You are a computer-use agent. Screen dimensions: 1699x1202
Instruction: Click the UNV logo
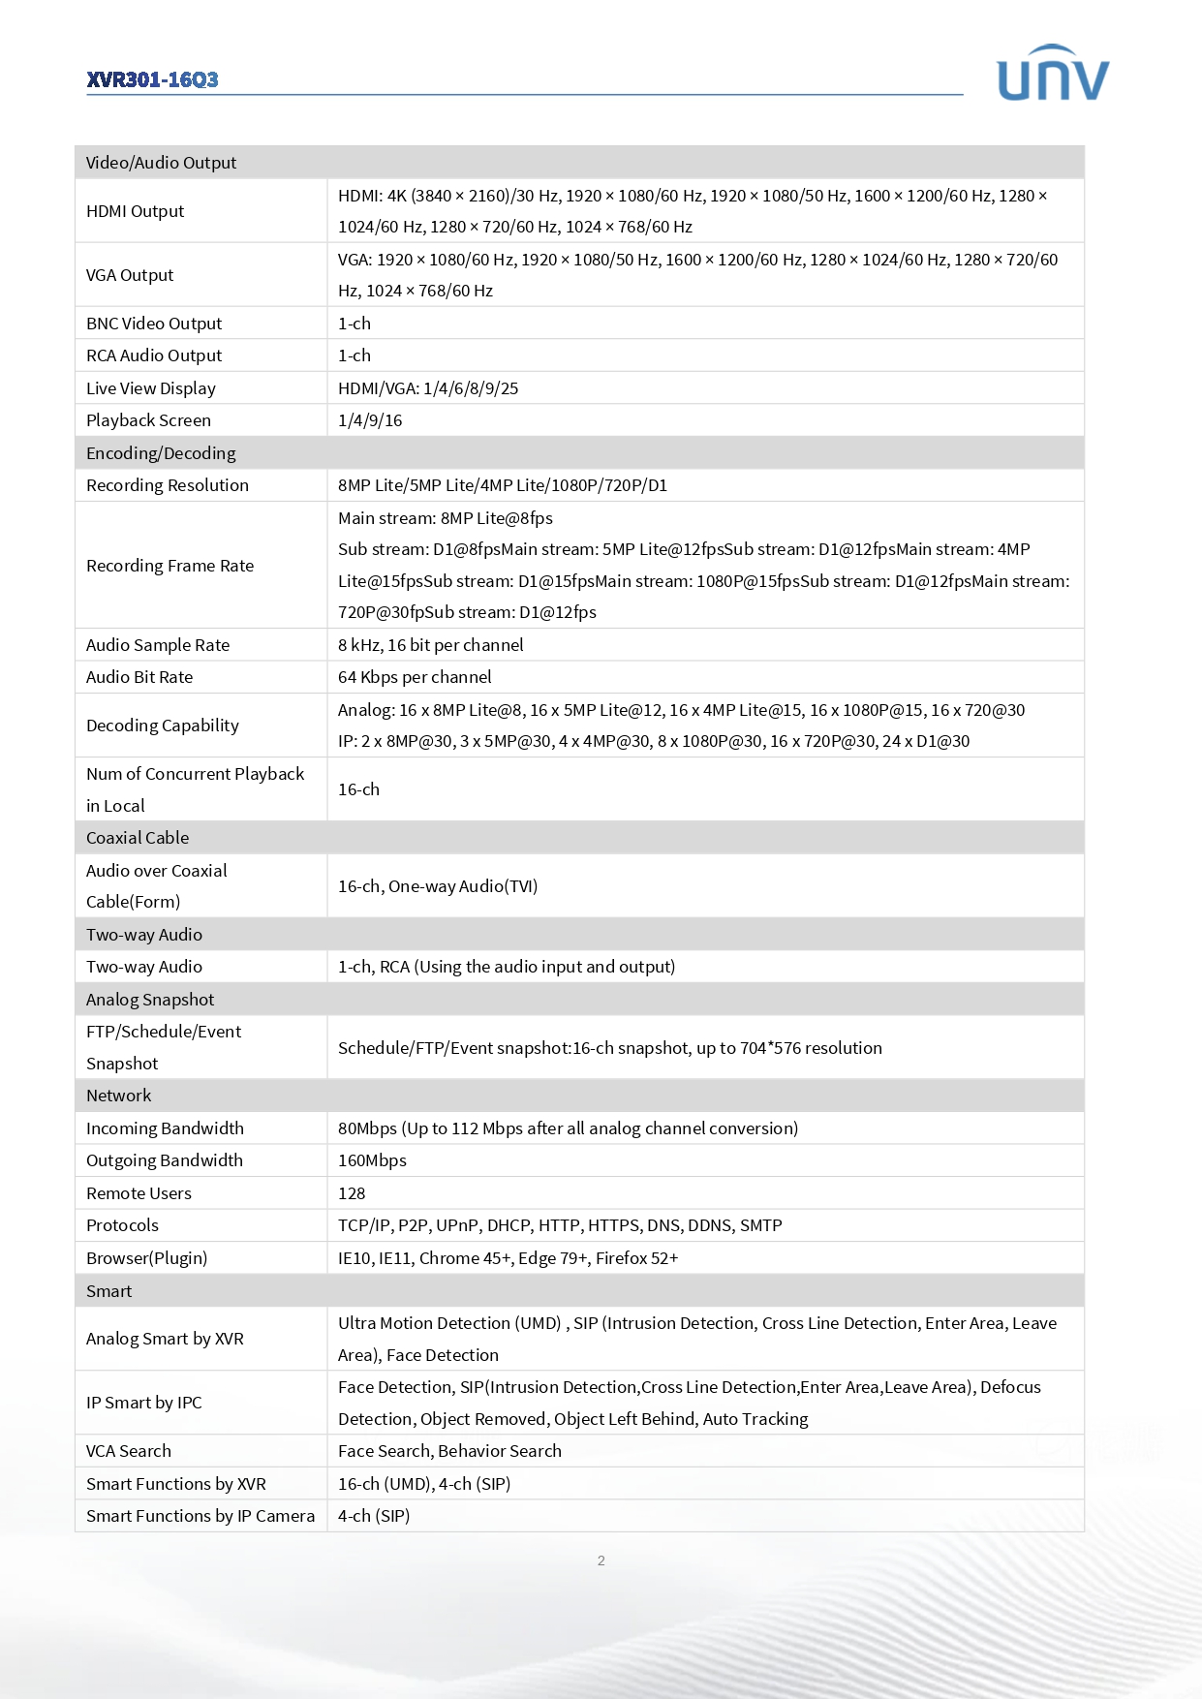pyautogui.click(x=1053, y=74)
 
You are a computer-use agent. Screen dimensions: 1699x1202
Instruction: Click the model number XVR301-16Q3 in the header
pyautogui.click(x=152, y=79)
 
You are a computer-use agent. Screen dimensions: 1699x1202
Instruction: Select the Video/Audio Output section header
pyautogui.click(x=161, y=163)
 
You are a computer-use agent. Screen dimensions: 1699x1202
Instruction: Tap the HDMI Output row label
pyautogui.click(x=135, y=211)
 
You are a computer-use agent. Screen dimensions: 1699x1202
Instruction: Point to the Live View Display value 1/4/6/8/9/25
pyautogui.click(x=428, y=388)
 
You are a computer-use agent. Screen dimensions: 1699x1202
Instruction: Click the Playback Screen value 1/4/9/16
pyautogui.click(x=370, y=420)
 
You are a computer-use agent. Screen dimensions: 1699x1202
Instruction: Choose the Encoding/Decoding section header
pyautogui.click(x=161, y=453)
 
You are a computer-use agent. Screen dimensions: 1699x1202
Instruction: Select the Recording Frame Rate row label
pyautogui.click(x=170, y=566)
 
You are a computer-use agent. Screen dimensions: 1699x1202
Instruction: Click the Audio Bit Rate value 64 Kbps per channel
pyautogui.click(x=415, y=677)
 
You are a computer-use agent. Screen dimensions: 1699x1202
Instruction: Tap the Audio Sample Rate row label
pyautogui.click(x=158, y=645)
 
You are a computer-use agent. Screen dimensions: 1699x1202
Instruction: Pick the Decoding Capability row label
pyautogui.click(x=162, y=726)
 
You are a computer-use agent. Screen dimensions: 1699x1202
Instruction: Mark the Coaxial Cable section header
pyautogui.click(x=138, y=838)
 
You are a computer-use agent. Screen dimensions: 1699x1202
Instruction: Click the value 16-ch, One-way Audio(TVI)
pyautogui.click(x=438, y=886)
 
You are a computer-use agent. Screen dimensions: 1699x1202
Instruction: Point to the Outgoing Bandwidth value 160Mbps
pyautogui.click(x=372, y=1160)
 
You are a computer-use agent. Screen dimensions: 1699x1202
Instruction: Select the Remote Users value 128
pyautogui.click(x=352, y=1193)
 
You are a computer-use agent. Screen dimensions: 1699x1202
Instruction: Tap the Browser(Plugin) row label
pyautogui.click(x=146, y=1258)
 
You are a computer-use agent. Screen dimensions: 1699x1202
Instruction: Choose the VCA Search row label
pyautogui.click(x=128, y=1451)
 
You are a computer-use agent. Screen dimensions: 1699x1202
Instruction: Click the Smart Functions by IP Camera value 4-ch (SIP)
pyautogui.click(x=374, y=1516)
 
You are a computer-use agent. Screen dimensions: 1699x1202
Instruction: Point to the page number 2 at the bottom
pyautogui.click(x=601, y=1560)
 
